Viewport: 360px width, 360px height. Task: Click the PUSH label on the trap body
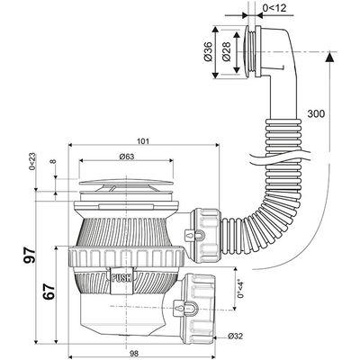[121, 278]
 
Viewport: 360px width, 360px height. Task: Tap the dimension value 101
[143, 140]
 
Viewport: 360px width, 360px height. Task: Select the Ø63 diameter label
[126, 157]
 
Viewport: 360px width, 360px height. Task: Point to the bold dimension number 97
[30, 255]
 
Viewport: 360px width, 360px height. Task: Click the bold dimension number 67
[49, 292]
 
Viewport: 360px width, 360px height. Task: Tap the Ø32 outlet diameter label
[235, 336]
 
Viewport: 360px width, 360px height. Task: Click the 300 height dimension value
[316, 113]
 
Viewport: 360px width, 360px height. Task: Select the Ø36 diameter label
[208, 51]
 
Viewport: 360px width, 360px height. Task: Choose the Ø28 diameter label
[227, 51]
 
